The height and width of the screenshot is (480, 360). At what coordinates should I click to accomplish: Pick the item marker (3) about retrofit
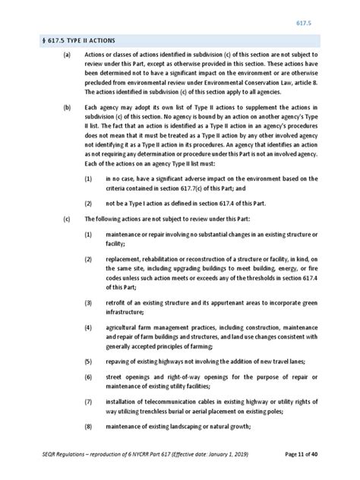(x=88, y=303)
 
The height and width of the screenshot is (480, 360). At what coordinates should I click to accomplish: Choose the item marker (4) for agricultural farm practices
(x=88, y=327)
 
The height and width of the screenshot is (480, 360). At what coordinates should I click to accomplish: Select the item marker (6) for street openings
(x=88, y=377)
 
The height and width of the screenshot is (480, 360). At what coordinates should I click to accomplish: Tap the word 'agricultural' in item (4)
(x=124, y=327)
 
